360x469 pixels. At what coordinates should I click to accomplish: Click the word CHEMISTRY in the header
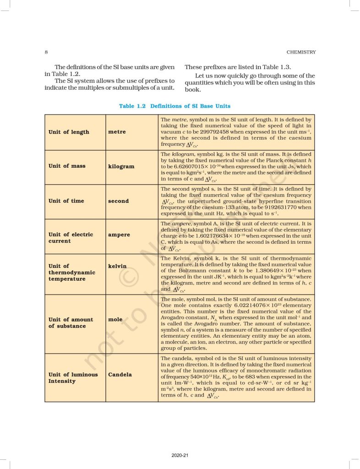coord(300,52)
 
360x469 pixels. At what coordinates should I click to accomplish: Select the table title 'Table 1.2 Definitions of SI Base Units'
coord(175,106)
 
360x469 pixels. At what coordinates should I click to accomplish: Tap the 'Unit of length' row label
coord(69,132)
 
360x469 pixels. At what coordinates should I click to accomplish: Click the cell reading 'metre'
coord(117,132)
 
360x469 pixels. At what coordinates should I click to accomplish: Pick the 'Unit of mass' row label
coord(67,166)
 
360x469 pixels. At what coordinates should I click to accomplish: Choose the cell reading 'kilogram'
coord(121,166)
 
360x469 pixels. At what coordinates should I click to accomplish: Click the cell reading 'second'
coord(118,201)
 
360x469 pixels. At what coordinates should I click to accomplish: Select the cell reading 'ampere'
coord(119,234)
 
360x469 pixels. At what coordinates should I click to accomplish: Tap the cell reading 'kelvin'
coord(117,266)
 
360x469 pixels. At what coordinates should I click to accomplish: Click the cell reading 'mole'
coord(115,319)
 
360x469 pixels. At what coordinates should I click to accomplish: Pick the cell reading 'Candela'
coord(120,374)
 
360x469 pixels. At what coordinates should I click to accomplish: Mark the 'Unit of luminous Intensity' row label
coord(73,377)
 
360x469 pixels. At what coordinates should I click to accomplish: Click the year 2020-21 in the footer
coord(179,455)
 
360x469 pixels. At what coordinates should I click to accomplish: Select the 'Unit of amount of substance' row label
coord(71,322)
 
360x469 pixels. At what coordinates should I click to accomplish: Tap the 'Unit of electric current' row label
coord(71,237)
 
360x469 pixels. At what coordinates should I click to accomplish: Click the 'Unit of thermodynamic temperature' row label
coord(71,272)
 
